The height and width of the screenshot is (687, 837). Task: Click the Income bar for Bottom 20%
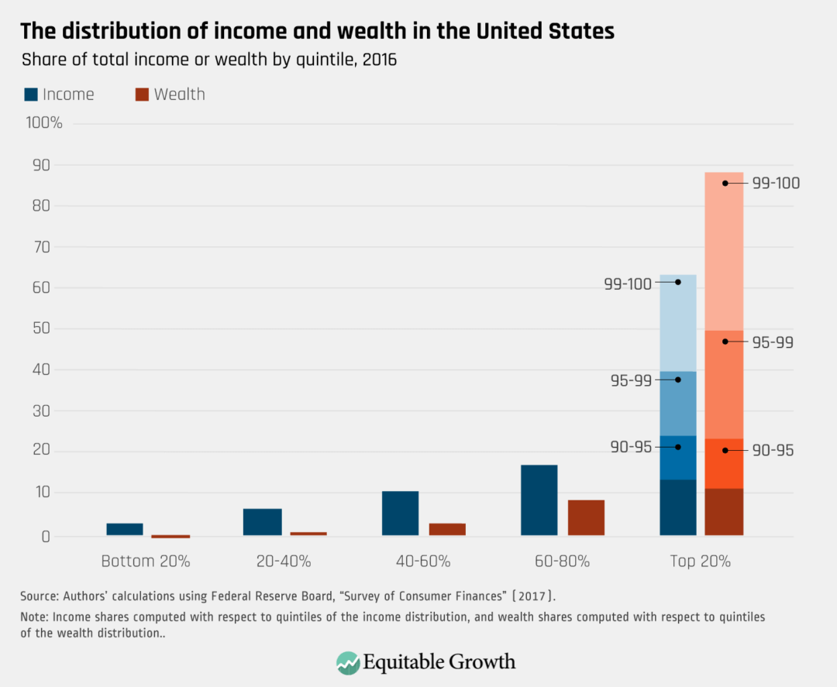tap(124, 529)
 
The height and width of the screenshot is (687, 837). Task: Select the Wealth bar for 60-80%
tap(586, 517)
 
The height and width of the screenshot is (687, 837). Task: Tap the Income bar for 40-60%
tap(400, 513)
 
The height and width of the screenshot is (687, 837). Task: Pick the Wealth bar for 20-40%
tap(308, 534)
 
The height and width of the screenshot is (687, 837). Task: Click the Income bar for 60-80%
tap(539, 500)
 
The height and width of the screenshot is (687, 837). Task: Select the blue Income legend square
tap(31, 94)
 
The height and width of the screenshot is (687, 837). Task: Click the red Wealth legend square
tap(142, 94)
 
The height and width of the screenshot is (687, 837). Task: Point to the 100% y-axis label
tap(44, 123)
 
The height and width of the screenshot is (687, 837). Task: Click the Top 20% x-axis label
tap(700, 562)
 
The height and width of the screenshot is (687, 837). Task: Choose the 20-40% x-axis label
tap(283, 562)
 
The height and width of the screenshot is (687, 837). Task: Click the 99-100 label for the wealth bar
tap(775, 184)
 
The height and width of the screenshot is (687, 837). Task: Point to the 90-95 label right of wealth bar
tap(773, 450)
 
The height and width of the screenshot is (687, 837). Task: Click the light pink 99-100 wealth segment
tap(724, 248)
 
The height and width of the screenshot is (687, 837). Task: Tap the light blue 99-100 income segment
tap(678, 325)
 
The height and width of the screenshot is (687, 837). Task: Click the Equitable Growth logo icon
tap(348, 662)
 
